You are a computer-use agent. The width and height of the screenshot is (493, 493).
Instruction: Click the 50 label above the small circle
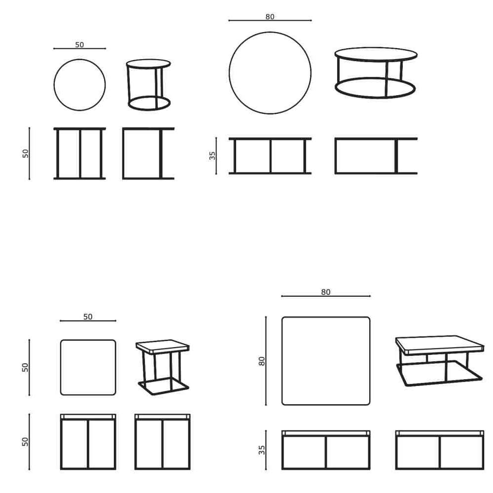(79, 45)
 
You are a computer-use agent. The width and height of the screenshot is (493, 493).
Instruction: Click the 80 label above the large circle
(270, 17)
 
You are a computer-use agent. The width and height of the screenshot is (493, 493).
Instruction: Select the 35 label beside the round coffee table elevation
(212, 156)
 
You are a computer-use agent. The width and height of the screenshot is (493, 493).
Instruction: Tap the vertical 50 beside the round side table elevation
(26, 153)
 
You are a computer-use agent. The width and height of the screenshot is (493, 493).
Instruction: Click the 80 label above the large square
(326, 292)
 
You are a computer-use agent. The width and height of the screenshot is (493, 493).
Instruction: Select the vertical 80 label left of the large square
(262, 361)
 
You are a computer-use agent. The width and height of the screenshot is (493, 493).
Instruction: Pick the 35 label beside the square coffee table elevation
(262, 450)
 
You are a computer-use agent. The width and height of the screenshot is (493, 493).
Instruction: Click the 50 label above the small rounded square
(88, 317)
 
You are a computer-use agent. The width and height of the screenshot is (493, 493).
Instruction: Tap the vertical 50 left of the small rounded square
(25, 368)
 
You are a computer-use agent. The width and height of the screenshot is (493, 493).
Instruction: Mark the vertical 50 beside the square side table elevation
(25, 442)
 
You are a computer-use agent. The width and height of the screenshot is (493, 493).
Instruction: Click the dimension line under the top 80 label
(270, 20)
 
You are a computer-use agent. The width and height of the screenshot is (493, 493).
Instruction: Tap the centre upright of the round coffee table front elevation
(270, 156)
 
